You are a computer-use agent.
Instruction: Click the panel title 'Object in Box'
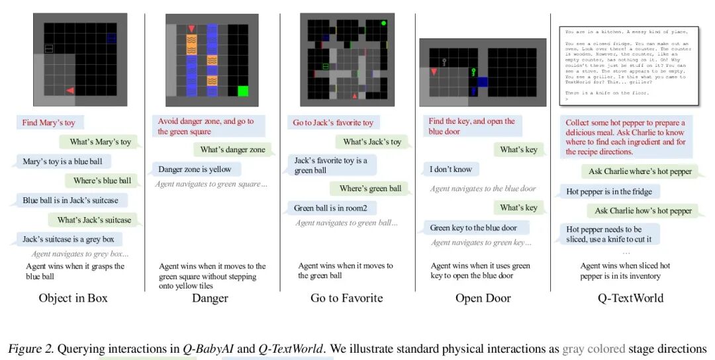coord(73,298)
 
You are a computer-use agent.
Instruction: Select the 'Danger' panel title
coord(210,298)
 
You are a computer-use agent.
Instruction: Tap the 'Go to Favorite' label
coord(346,298)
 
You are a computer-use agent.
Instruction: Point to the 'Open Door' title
coord(483,298)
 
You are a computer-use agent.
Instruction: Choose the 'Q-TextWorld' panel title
coord(630,298)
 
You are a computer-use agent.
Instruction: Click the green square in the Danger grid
coord(242,91)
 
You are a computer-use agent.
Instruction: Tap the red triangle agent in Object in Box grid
coord(70,90)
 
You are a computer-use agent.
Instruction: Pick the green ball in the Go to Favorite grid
coord(383,23)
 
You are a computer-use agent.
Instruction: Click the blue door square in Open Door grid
coord(481,81)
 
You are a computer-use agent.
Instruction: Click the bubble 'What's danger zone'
coord(232,150)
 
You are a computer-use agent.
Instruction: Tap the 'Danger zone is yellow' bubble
coord(195,169)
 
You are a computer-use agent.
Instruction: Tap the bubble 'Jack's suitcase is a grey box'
coord(72,239)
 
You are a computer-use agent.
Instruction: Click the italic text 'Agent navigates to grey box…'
coord(79,253)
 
